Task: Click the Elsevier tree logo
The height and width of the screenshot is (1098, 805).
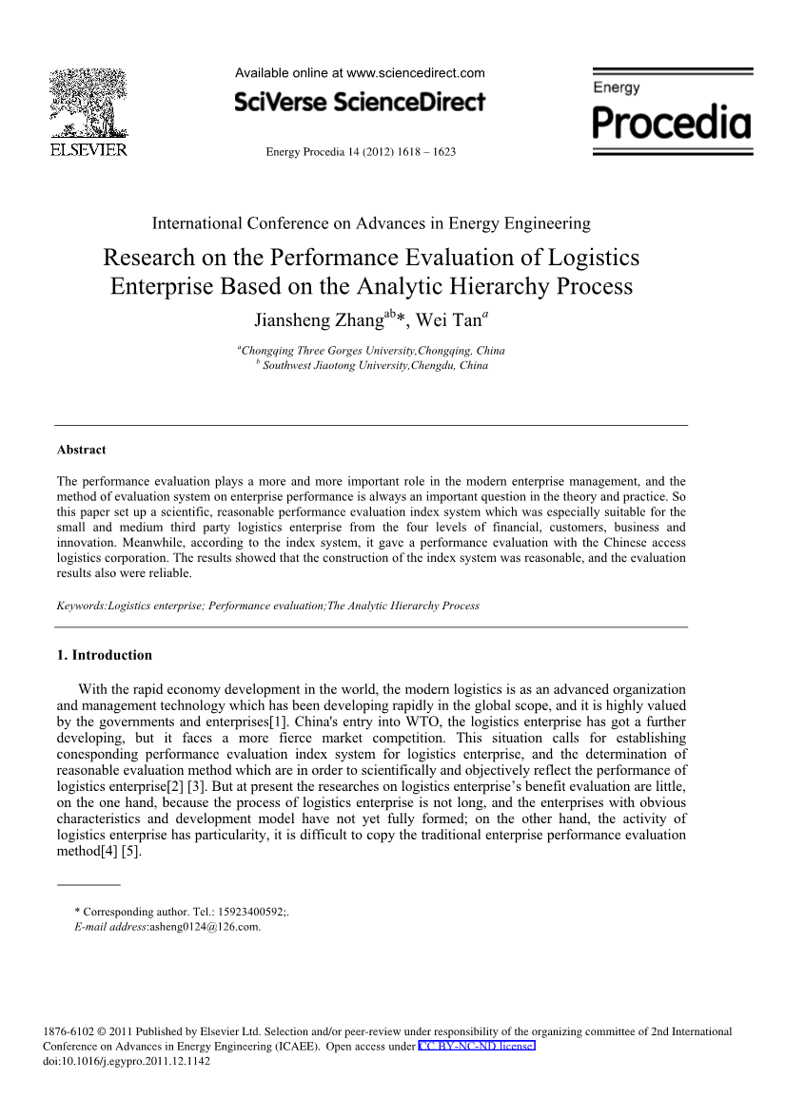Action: coord(88,104)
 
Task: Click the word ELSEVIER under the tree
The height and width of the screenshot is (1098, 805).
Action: coord(88,150)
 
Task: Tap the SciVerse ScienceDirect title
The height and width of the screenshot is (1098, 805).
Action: coord(360,102)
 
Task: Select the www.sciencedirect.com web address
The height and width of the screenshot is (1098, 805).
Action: coord(416,73)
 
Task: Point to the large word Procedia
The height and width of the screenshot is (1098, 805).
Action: coord(672,123)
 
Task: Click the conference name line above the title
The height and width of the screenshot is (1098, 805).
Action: coord(371,223)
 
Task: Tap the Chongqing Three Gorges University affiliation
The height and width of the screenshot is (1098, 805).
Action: coord(373,351)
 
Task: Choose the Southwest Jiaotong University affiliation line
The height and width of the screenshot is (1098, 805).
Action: coord(375,365)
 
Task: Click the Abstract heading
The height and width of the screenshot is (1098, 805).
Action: coord(82,450)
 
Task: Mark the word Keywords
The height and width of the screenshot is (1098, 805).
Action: coord(81,606)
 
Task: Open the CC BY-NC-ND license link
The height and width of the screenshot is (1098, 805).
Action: coord(477,1046)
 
